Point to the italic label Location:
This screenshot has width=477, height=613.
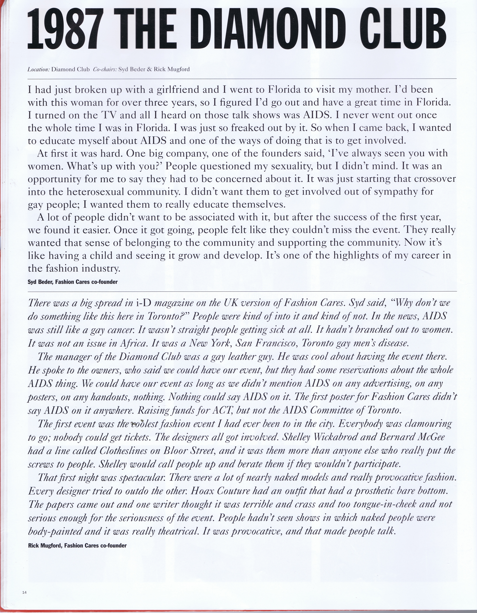tap(38, 69)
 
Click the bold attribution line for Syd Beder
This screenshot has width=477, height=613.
tap(72, 282)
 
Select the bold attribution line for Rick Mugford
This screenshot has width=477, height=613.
tap(77, 349)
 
